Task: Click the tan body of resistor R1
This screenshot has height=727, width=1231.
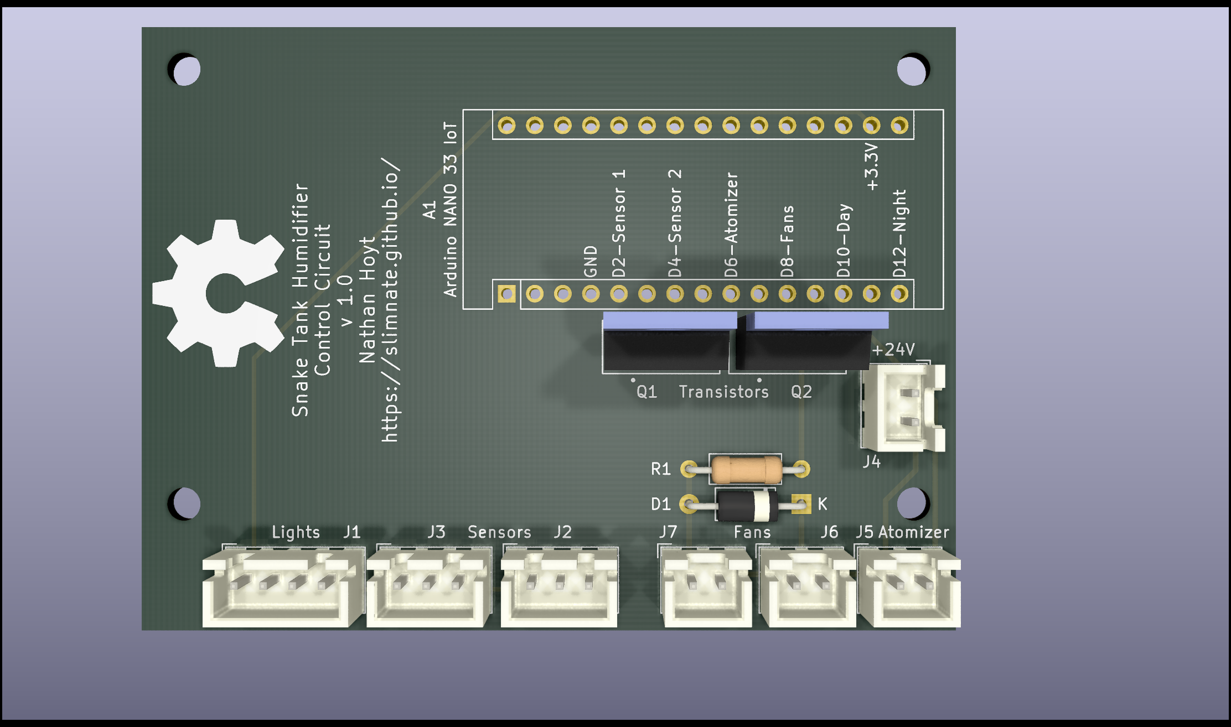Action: point(746,470)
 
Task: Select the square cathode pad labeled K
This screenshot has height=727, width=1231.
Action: point(800,503)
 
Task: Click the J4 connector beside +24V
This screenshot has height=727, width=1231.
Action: point(902,408)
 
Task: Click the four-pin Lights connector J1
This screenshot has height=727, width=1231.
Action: point(282,586)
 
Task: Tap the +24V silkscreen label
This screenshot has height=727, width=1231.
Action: point(893,350)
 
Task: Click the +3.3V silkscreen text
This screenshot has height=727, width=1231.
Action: point(871,166)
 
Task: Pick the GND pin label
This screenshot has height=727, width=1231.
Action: point(591,261)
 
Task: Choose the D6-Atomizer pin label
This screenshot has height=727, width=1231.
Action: point(731,224)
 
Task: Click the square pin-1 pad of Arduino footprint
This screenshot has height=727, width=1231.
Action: point(506,293)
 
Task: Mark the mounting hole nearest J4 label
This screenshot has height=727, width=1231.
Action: point(912,503)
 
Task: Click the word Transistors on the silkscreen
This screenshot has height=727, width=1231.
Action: point(723,392)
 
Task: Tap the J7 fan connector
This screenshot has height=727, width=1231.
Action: point(707,586)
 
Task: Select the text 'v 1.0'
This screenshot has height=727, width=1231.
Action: point(346,300)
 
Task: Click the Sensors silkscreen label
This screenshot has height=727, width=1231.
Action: point(499,532)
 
